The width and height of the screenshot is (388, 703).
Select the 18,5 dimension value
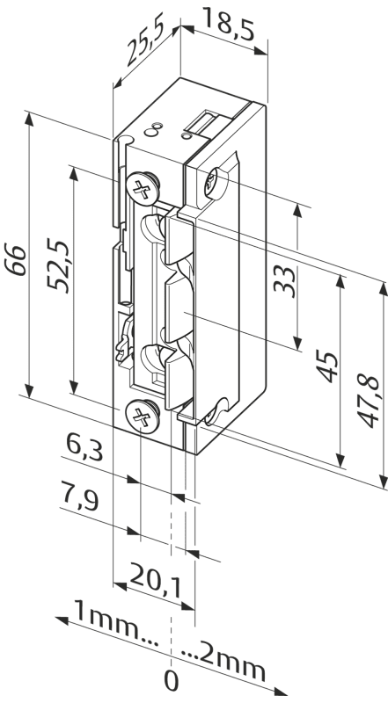tap(228, 24)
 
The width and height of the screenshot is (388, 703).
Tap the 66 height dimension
tap(16, 259)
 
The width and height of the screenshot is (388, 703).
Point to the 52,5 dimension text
tap(59, 266)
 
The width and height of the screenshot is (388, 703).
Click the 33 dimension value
tap(285, 281)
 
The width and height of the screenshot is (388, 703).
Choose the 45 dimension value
tap(327, 367)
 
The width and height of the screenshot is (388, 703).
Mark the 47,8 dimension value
tap(369, 401)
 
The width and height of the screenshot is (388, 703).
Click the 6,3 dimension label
tap(84, 447)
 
